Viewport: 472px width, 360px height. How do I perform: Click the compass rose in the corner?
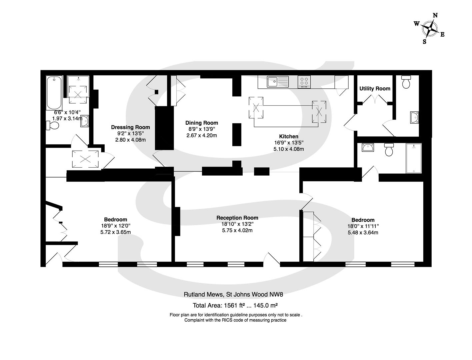[430, 29]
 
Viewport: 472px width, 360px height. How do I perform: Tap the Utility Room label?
[375, 89]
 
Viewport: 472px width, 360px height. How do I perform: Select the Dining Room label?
[202, 123]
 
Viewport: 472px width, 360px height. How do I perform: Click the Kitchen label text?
[289, 136]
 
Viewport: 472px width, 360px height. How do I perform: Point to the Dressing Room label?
[130, 127]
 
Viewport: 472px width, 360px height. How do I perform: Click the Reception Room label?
[237, 218]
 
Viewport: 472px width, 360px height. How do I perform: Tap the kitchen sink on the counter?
[277, 81]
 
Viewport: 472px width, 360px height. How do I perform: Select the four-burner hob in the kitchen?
[304, 81]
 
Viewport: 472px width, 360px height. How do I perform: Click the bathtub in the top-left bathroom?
[54, 92]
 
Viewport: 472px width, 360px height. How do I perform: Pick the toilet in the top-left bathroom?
[53, 126]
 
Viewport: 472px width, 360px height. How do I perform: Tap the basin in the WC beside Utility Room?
[414, 118]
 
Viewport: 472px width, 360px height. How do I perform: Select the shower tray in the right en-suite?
[413, 158]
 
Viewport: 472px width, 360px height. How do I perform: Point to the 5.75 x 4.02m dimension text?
[237, 230]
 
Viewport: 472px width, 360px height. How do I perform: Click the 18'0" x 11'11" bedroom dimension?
[363, 226]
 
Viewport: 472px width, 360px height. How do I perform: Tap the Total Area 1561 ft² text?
[235, 305]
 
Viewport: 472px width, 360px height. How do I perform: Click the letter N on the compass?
[435, 15]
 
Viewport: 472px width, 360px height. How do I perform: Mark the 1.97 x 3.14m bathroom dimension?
[67, 118]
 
